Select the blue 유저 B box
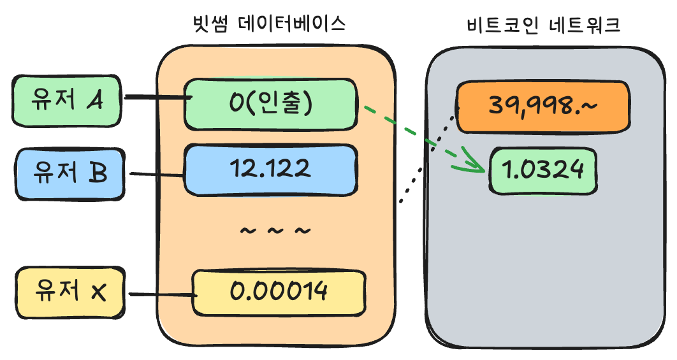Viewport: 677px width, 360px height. (x=69, y=173)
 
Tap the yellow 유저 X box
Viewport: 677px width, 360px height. (x=71, y=292)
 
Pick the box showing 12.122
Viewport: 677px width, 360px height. (x=271, y=169)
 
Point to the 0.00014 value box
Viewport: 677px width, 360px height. (x=279, y=292)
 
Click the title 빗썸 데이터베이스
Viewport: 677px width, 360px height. (x=268, y=25)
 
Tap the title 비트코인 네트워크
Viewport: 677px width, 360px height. (x=544, y=25)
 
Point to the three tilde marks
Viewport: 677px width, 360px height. (x=275, y=230)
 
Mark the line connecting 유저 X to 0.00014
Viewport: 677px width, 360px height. (x=159, y=294)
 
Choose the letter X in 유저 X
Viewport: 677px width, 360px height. (x=98, y=292)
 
